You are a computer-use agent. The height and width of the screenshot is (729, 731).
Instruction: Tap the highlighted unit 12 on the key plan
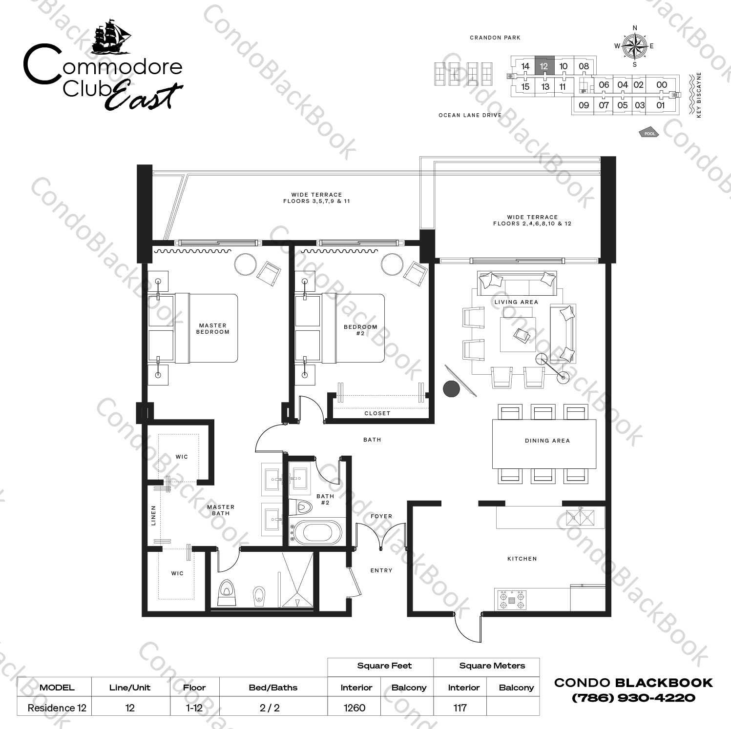tap(544, 65)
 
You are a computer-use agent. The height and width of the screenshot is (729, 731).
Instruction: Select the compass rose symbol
tap(634, 46)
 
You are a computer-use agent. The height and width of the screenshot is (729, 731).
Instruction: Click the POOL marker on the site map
tap(649, 133)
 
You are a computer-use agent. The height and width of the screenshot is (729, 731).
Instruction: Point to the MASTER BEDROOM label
tap(212, 328)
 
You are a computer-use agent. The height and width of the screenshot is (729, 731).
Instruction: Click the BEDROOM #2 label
tap(360, 330)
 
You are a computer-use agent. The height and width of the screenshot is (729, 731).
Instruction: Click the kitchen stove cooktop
tap(511, 599)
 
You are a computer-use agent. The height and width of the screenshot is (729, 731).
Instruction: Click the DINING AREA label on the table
tap(547, 441)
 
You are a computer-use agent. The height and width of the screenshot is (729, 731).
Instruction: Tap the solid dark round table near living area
tap(452, 389)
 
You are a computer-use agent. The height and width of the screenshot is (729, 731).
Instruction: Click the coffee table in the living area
tap(517, 335)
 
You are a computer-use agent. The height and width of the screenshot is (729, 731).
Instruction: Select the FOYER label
tap(381, 516)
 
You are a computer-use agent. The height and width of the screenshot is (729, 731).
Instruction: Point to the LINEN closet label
tap(153, 515)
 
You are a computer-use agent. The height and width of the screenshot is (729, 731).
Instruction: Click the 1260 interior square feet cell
tap(355, 708)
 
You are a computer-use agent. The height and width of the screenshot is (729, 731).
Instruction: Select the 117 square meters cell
tap(459, 708)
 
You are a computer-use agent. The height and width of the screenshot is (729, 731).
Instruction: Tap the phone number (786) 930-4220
tap(633, 698)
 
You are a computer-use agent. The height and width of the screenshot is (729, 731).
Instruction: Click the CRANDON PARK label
tap(495, 38)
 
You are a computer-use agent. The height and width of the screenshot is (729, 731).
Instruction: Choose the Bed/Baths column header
tap(273, 688)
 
